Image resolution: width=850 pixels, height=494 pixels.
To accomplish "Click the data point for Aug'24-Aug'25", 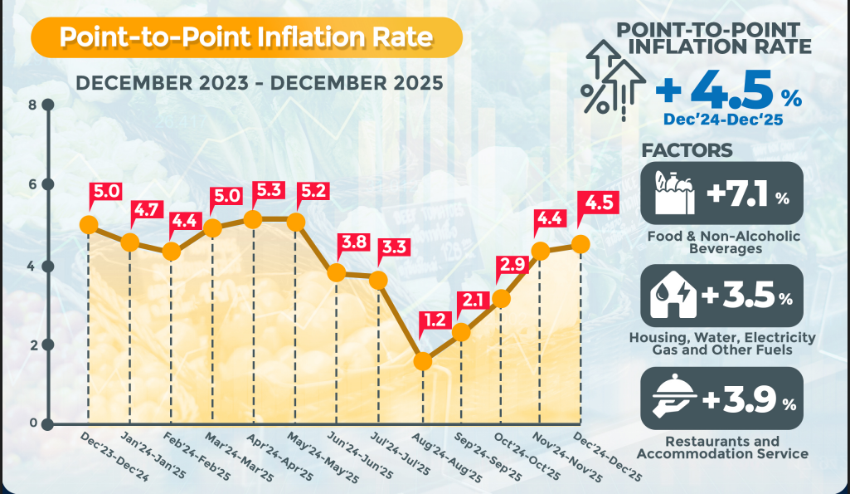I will click(x=422, y=361).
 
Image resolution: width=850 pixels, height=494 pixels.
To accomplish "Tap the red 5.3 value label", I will click(x=268, y=190).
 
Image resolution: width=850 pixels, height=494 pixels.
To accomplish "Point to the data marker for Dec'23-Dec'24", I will click(x=88, y=224).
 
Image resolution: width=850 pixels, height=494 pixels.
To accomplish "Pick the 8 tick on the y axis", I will click(x=48, y=105).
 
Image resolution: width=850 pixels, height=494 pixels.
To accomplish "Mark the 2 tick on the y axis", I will click(x=48, y=345).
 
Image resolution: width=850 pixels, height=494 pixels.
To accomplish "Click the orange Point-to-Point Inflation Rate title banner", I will click(x=246, y=38).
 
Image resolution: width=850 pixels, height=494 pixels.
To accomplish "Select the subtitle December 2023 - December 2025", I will click(x=259, y=83).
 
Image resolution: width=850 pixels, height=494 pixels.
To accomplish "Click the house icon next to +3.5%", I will click(x=672, y=296).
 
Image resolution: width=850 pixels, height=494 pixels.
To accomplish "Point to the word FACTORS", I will click(x=687, y=150).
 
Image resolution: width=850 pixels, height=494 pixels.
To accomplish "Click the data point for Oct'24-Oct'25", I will click(x=500, y=299).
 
